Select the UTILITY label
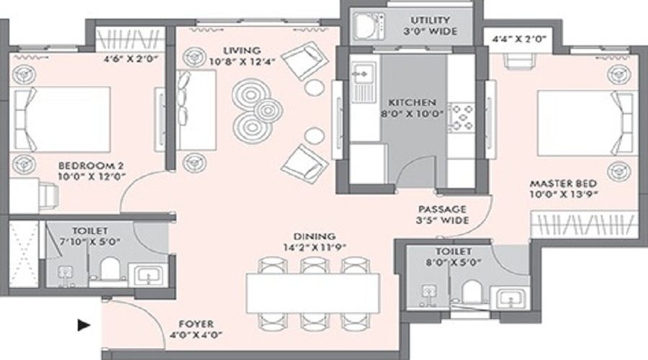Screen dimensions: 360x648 point(430,20)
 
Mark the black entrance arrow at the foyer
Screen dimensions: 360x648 point(84,325)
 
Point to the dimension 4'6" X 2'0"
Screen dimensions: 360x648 point(130,59)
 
